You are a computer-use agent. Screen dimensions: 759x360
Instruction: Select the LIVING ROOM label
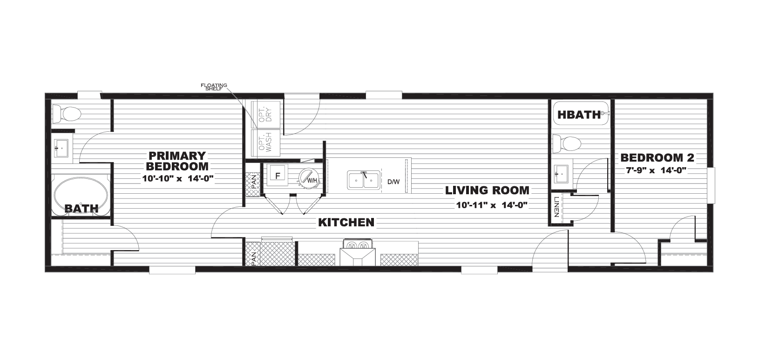point(487,190)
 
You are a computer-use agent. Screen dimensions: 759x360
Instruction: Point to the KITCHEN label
point(346,222)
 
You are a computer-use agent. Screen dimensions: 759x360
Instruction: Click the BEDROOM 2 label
point(657,157)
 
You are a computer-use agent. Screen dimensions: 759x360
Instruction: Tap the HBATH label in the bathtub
point(579,115)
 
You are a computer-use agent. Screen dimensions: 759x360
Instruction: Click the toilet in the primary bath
point(67,114)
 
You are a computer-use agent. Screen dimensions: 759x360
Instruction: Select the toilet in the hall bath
point(567,144)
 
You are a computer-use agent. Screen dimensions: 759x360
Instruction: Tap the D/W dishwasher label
point(393,182)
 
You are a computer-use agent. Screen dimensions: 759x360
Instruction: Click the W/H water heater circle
point(308,177)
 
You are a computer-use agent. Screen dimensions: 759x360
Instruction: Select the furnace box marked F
point(278,175)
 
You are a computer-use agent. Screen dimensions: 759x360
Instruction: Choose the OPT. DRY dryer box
point(265,114)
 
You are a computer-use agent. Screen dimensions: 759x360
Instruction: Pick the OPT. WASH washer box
point(265,143)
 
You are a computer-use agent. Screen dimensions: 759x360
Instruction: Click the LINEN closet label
point(556,207)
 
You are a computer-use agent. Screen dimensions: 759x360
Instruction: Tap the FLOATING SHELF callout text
point(214,87)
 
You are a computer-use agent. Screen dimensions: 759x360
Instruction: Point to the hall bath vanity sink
point(562,173)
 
